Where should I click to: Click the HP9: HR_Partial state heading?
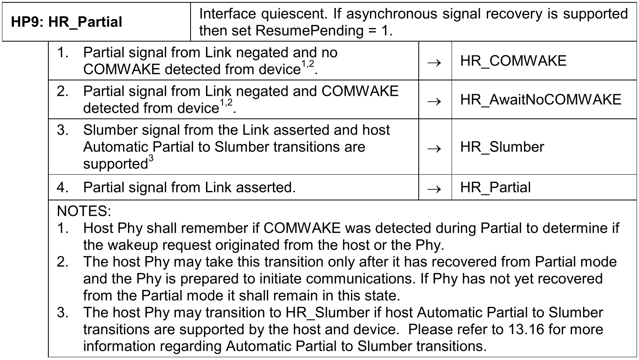(67, 22)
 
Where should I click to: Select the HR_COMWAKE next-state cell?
(513, 61)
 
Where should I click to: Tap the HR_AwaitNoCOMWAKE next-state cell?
(540, 99)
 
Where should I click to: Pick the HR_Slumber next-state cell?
(502, 147)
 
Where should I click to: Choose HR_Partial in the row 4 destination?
(495, 187)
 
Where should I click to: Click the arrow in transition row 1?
(435, 62)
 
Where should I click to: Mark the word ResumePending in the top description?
(309, 30)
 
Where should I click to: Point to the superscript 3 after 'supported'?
(151, 158)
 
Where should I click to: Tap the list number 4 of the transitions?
(62, 187)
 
